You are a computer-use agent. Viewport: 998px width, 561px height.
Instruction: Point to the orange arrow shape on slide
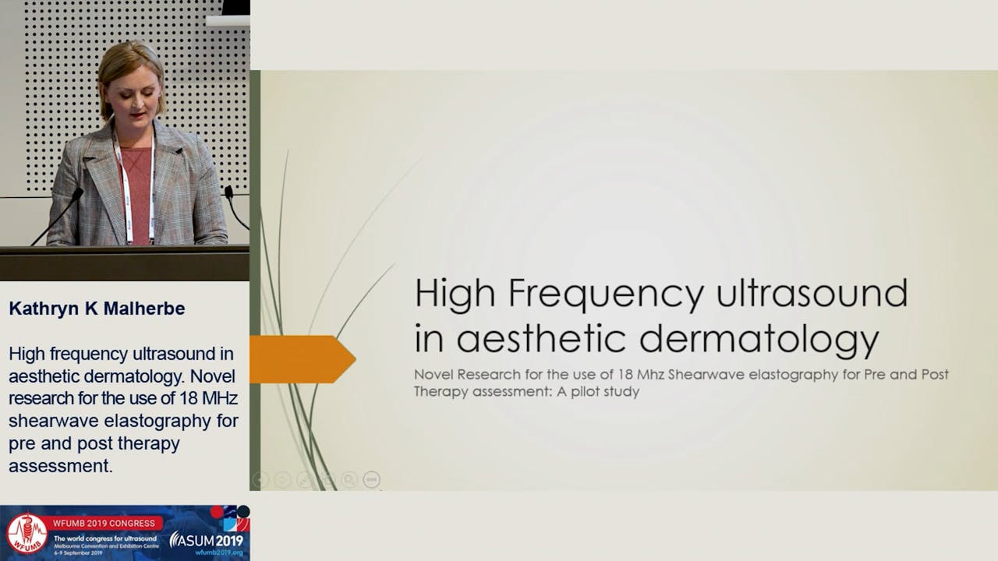[x=300, y=359]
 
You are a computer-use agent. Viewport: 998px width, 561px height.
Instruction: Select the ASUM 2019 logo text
[x=207, y=539]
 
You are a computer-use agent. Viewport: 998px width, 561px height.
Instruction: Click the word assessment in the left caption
[x=58, y=466]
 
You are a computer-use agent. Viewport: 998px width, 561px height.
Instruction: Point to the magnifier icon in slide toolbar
[x=349, y=480]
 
